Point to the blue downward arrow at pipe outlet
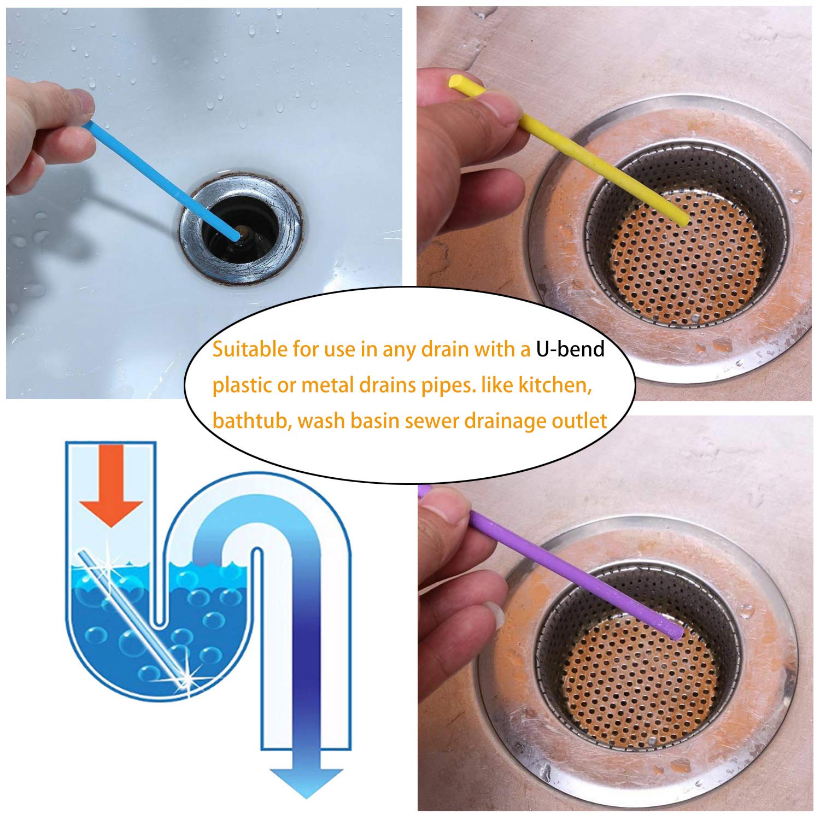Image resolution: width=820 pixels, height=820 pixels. point(306,765)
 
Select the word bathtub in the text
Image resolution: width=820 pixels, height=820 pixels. point(249,421)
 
